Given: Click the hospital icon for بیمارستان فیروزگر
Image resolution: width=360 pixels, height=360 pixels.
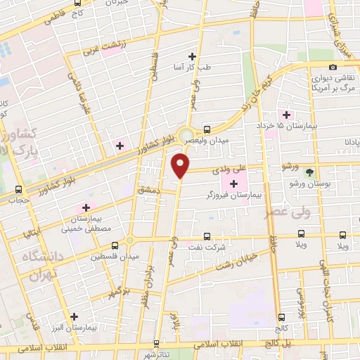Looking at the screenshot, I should [233, 184].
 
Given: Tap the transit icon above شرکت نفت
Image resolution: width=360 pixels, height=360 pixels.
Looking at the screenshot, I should [207, 236].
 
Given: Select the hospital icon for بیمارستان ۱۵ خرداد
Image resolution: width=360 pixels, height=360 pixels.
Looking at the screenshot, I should [285, 115].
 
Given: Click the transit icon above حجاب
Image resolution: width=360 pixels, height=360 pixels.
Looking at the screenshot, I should [18, 189].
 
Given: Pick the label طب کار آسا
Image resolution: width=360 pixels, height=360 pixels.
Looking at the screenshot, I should [192, 67].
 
